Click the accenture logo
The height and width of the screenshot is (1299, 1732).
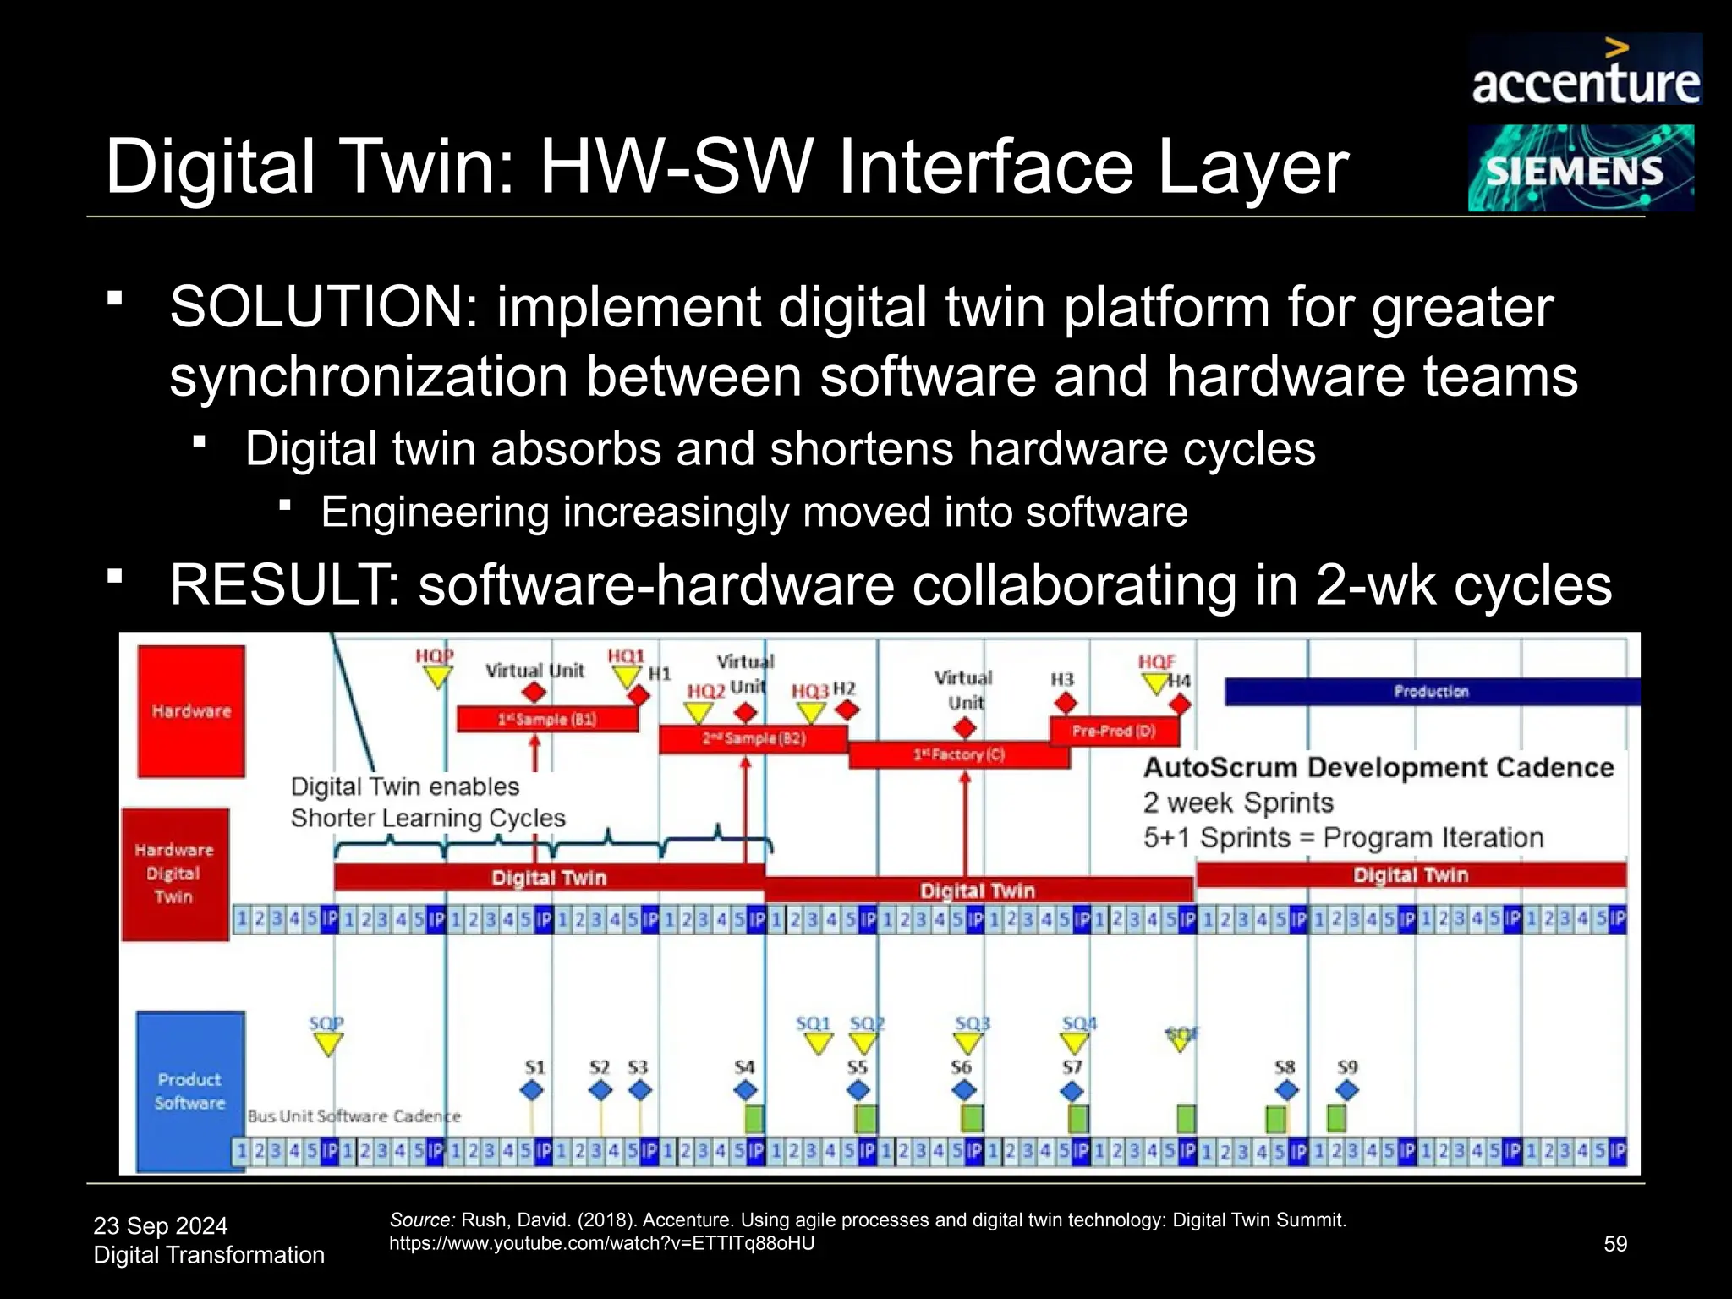click(x=1585, y=71)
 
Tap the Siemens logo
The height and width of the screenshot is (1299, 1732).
click(x=1580, y=168)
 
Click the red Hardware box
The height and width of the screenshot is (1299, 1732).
click(x=191, y=710)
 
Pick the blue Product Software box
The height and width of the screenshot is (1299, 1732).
click(x=190, y=1091)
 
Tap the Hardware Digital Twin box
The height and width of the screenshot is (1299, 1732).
click(x=174, y=874)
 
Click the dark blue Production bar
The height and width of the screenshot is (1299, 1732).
click(x=1431, y=692)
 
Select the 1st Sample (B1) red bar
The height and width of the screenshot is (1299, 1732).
click(x=547, y=720)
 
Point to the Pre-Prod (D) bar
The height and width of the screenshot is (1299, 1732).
click(x=1113, y=731)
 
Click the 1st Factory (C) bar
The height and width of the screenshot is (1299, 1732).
click(x=958, y=754)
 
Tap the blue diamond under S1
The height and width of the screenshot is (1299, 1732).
click(x=532, y=1091)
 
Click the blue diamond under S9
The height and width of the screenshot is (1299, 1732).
click(x=1347, y=1091)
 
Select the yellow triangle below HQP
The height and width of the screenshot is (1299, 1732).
click(x=437, y=677)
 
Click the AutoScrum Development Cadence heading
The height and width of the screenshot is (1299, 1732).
click(x=1378, y=767)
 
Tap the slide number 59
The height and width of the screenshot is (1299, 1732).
click(x=1615, y=1244)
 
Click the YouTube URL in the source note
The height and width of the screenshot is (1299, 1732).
click(x=601, y=1243)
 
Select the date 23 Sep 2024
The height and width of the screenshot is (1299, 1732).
click(x=161, y=1225)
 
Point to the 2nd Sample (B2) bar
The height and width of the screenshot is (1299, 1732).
click(x=753, y=738)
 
